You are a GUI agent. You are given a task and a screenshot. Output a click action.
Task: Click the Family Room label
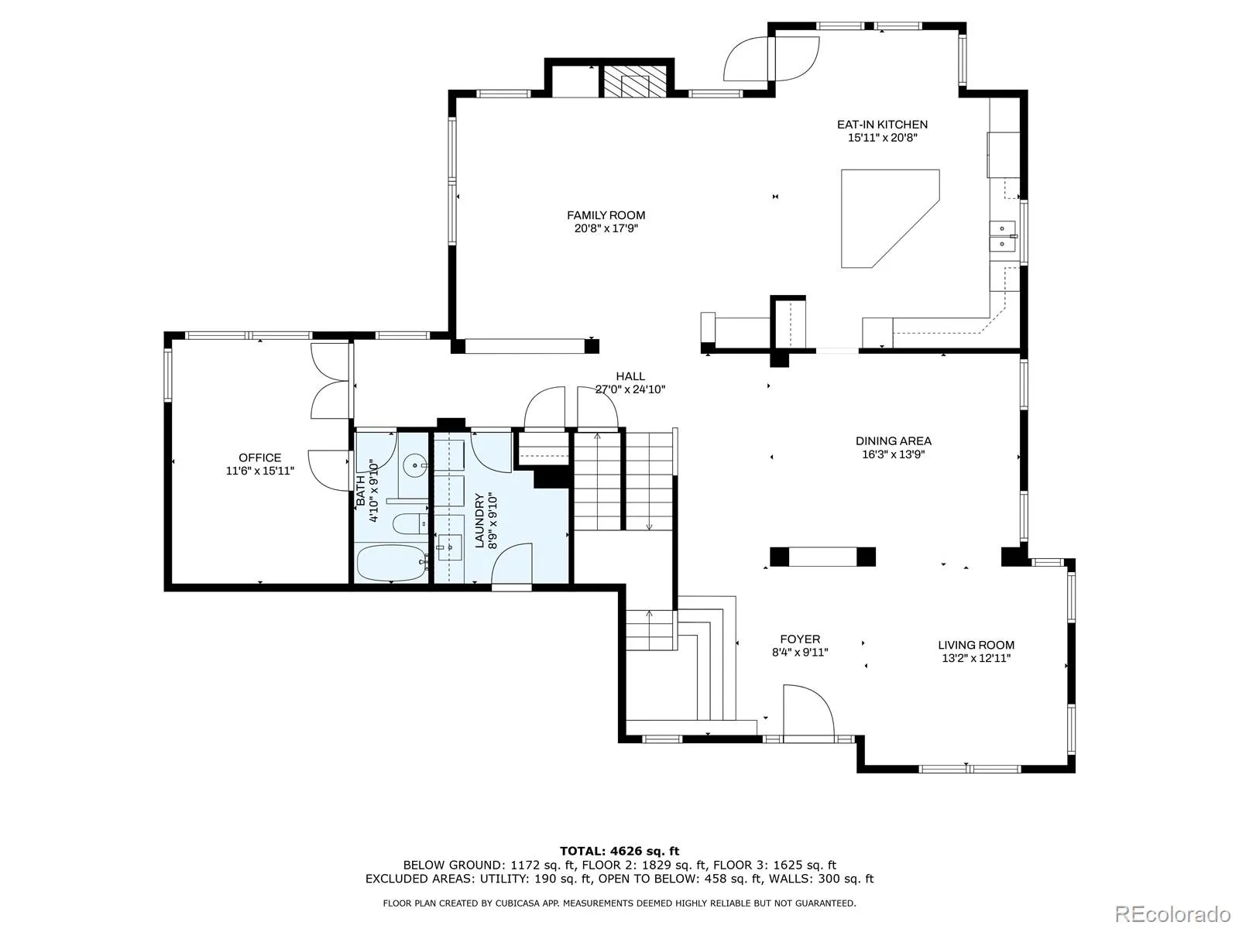(x=606, y=215)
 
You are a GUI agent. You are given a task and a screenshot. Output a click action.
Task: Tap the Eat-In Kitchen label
(x=882, y=124)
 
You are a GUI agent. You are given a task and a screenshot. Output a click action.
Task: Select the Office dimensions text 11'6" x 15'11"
(x=259, y=471)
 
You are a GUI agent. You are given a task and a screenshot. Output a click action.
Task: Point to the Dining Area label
(x=893, y=441)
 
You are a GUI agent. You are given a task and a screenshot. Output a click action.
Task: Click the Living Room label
(x=976, y=645)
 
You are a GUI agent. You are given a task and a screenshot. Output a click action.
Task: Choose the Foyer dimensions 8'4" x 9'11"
(x=800, y=652)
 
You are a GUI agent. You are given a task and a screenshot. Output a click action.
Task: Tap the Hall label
(x=630, y=375)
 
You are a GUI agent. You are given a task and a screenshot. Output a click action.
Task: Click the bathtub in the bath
(x=393, y=562)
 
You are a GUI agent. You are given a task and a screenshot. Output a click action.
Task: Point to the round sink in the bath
(x=416, y=465)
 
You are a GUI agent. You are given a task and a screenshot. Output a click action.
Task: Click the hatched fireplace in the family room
(x=633, y=81)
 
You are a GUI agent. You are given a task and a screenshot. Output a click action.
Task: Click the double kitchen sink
(x=1002, y=236)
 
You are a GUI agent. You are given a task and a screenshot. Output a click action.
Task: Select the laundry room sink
(x=450, y=547)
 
